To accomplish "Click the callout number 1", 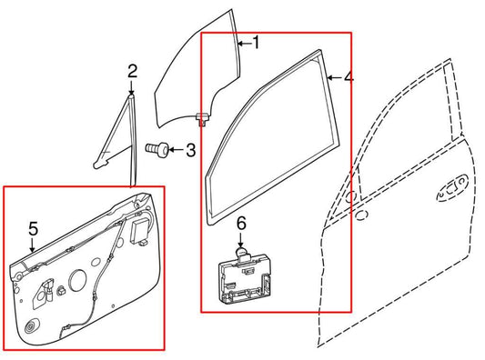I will [x=256, y=42].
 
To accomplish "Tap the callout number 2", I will [x=132, y=71].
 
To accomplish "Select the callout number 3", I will [x=189, y=149].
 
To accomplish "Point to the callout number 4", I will [x=349, y=78].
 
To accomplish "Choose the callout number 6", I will [x=242, y=223].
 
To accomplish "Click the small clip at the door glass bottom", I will [x=200, y=115].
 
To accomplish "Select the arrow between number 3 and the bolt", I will [x=173, y=149].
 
